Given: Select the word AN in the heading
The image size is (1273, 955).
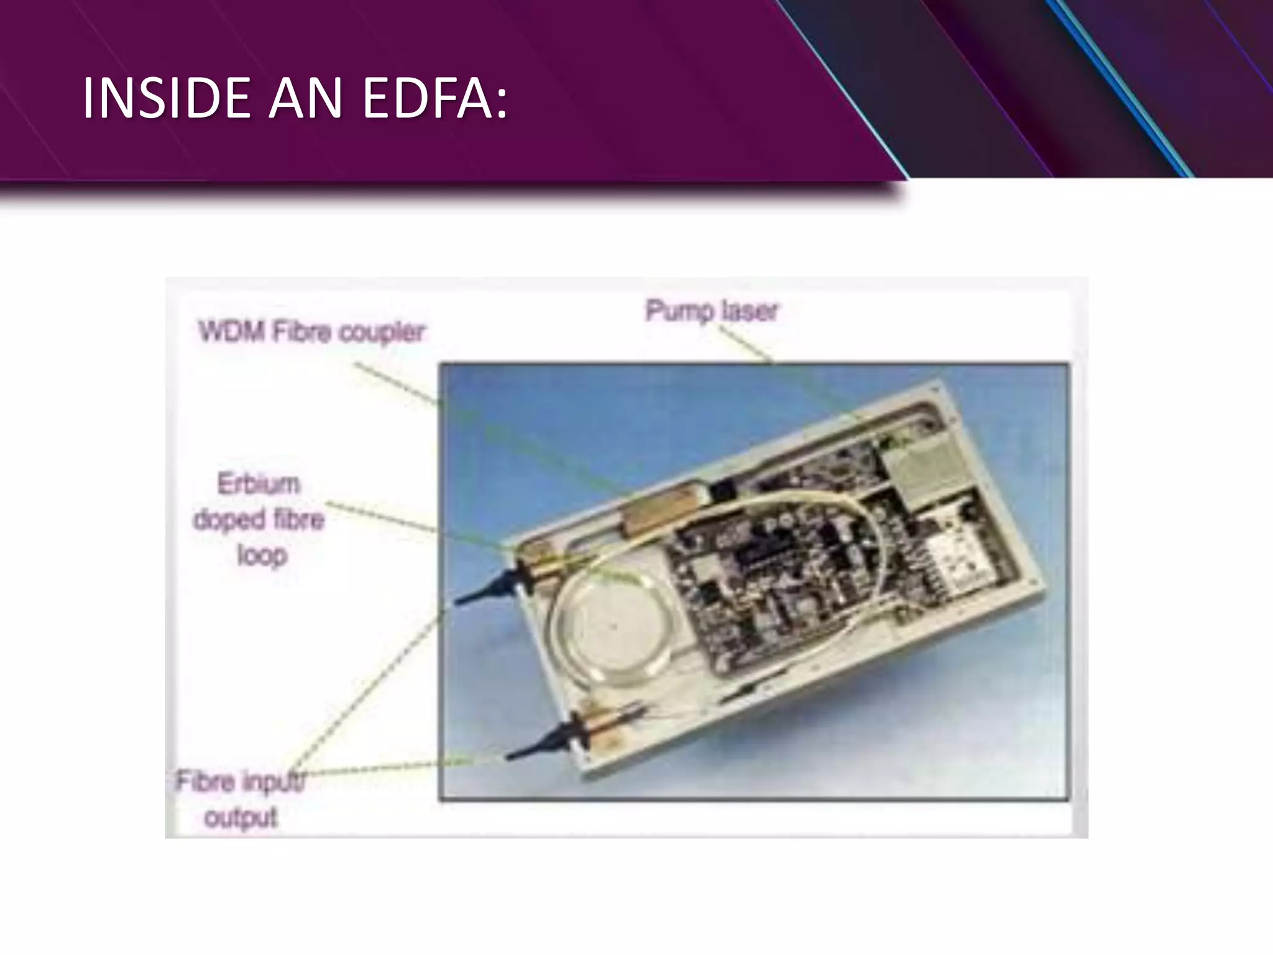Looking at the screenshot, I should (305, 98).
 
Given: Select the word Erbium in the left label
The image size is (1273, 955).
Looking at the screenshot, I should (259, 484).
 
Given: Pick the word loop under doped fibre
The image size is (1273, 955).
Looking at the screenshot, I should (262, 555).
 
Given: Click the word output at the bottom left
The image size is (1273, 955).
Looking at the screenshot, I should (241, 817).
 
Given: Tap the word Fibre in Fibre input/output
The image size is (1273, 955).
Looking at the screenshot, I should (205, 781).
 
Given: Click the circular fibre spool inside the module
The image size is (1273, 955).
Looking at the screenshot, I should (612, 628).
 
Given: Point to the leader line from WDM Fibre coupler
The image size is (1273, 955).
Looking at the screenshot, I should (398, 385).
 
